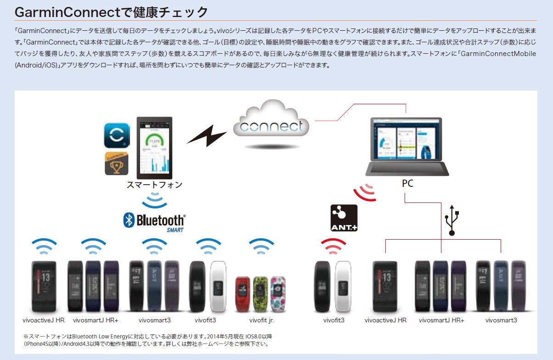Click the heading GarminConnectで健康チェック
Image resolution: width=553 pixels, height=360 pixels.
[111, 12]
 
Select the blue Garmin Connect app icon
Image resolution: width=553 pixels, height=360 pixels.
[117, 135]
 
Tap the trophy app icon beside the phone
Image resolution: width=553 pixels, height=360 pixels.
[117, 163]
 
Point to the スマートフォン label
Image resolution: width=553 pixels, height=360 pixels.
[154, 185]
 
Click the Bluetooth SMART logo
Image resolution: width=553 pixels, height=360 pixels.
[154, 221]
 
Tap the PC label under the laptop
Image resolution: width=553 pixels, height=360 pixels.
[407, 184]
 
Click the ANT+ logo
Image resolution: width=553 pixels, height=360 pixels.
[344, 218]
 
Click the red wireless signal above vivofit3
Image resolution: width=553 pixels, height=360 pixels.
[333, 247]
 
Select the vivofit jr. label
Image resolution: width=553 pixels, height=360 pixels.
[262, 320]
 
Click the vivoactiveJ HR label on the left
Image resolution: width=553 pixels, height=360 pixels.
[43, 320]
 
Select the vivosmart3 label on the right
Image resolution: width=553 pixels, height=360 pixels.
[501, 320]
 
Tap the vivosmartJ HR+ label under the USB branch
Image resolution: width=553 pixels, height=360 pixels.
[441, 320]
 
